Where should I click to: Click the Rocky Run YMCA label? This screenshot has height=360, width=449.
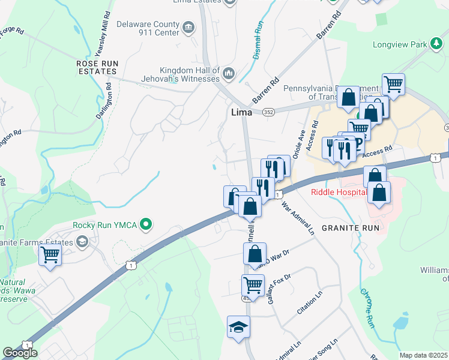(x=105, y=226)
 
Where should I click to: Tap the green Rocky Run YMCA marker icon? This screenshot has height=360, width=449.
(x=145, y=225)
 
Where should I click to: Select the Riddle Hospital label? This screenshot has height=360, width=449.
(x=339, y=192)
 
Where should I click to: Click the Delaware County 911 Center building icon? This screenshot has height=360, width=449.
(x=188, y=28)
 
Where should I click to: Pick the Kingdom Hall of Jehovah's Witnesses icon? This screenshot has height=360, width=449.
(x=228, y=74)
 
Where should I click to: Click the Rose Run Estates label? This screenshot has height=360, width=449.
(x=96, y=67)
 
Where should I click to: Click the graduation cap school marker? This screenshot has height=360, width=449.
(x=238, y=328)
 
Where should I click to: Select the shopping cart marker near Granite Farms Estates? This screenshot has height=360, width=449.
(x=50, y=254)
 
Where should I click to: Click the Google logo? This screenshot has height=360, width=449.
(x=20, y=353)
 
